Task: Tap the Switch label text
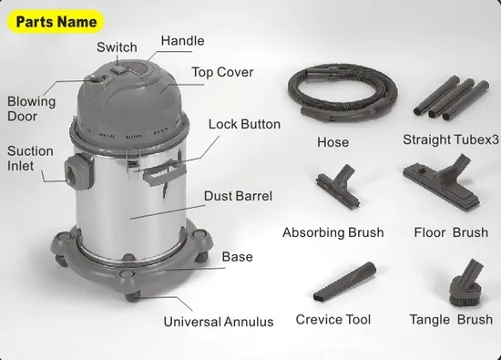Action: pyautogui.click(x=118, y=47)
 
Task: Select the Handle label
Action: pyautogui.click(x=182, y=41)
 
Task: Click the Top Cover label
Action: pyautogui.click(x=222, y=72)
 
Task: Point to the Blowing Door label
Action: pyautogui.click(x=31, y=109)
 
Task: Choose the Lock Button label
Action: pyautogui.click(x=244, y=124)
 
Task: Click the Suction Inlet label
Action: pyautogui.click(x=30, y=159)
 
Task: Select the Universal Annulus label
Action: pyautogui.click(x=218, y=322)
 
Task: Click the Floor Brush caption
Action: pyautogui.click(x=450, y=232)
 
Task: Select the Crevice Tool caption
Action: pyautogui.click(x=332, y=320)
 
